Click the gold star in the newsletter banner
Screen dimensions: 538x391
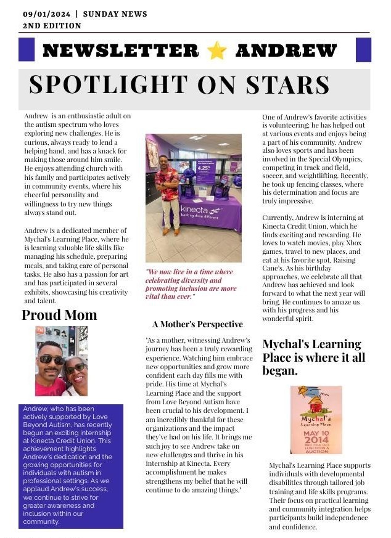pyautogui.click(x=217, y=51)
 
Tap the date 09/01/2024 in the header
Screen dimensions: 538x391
pyautogui.click(x=46, y=14)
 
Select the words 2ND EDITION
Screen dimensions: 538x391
pyautogui.click(x=52, y=26)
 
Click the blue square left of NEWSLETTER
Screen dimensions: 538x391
pyautogui.click(x=27, y=50)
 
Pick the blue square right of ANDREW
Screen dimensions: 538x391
pyautogui.click(x=364, y=50)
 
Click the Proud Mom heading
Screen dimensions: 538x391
pyautogui.click(x=59, y=315)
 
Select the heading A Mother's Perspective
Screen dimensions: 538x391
pyautogui.click(x=197, y=324)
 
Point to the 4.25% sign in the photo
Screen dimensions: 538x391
pyautogui.click(x=205, y=168)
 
